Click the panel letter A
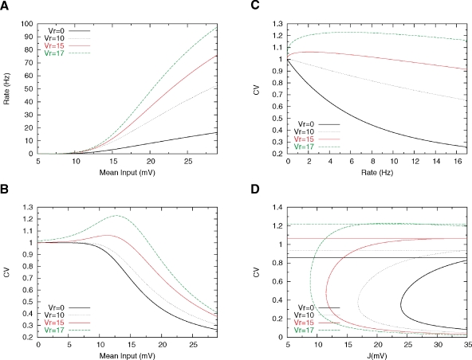click(6, 6)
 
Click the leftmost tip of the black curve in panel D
click(400, 303)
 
